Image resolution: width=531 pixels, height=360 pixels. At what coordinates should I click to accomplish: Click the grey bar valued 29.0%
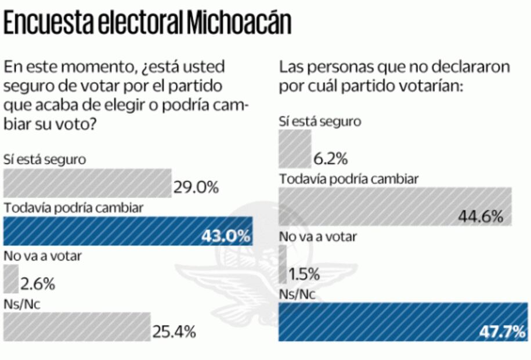point(87,183)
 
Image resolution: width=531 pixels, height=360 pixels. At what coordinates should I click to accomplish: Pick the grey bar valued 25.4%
point(77,327)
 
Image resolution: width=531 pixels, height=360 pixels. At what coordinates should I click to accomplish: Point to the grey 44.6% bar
point(395,206)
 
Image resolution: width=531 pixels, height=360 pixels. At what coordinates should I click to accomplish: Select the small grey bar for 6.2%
point(295,148)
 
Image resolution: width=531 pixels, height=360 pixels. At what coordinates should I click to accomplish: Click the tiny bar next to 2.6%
point(10,279)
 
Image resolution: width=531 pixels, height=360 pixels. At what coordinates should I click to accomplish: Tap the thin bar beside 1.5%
point(283,264)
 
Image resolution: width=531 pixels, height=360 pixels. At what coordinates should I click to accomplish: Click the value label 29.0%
point(196,188)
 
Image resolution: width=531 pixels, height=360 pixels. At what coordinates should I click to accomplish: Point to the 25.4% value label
point(174,332)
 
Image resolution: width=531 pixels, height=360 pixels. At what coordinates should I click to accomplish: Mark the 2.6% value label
point(38,284)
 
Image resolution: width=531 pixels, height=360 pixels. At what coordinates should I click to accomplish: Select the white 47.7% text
point(503,332)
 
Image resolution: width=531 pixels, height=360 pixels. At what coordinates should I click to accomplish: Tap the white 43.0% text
point(226,236)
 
